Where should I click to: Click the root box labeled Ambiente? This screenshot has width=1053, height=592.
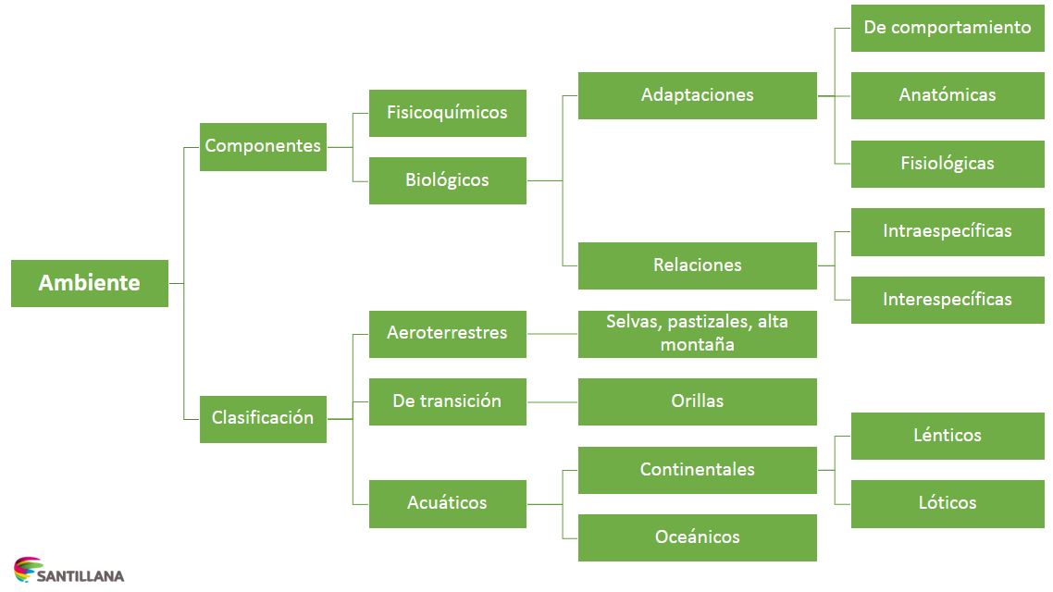point(90,283)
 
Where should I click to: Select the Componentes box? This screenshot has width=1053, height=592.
point(263,146)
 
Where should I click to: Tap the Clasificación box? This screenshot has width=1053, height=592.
point(263,418)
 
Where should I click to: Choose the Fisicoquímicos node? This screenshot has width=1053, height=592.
point(447,113)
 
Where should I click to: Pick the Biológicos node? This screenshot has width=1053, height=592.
point(447,180)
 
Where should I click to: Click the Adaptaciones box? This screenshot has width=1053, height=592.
point(697,95)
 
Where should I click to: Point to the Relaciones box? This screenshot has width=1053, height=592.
point(697,265)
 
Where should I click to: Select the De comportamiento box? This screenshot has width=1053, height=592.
point(947,28)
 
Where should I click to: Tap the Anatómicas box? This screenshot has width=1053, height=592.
point(947,95)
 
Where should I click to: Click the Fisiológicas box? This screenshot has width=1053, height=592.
point(947,164)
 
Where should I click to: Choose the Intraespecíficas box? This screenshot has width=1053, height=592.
point(947,231)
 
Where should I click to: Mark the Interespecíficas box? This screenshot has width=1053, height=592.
point(947,300)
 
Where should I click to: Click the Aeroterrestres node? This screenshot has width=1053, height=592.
point(447,333)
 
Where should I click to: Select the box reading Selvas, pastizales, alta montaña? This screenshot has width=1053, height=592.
point(697,334)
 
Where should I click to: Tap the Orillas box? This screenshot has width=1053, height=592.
point(697,401)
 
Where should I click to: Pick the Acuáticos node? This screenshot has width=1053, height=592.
point(447,503)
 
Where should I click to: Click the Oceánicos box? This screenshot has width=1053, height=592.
point(697,537)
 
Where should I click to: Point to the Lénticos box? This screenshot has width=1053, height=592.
point(947,436)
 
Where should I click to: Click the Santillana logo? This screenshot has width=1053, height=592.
point(68,571)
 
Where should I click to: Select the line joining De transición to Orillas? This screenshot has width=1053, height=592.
point(552,402)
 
